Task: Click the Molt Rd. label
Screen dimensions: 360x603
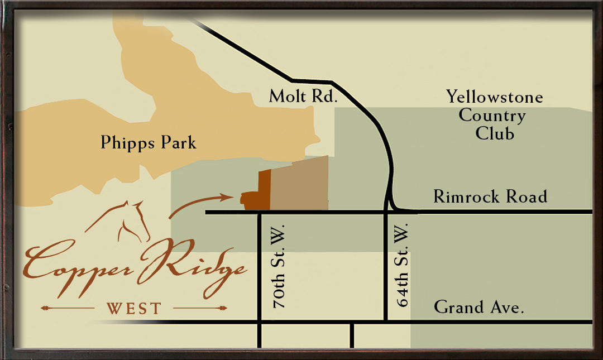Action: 304,96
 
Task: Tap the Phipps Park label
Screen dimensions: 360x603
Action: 149,143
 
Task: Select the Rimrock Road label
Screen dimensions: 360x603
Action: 490,196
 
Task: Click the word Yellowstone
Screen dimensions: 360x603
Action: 494,97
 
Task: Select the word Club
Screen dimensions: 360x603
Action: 495,134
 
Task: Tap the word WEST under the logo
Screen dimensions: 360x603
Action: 133,308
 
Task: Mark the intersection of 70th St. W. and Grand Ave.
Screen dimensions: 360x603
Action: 260,322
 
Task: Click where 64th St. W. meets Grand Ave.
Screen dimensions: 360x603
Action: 386,322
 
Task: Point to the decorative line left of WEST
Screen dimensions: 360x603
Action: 67,308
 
